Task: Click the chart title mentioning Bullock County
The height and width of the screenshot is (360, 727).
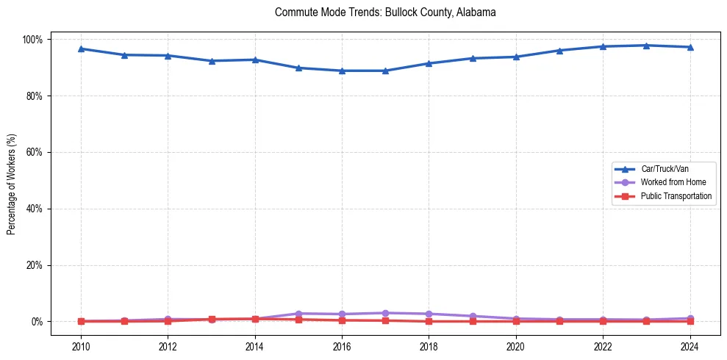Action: (385, 12)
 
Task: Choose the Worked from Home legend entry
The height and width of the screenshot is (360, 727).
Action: (670, 182)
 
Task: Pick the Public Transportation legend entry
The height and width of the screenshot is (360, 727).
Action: (676, 196)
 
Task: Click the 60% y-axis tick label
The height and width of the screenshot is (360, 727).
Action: (35, 152)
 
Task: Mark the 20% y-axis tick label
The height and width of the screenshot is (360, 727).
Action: (35, 265)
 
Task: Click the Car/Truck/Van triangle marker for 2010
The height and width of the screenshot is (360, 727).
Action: (81, 48)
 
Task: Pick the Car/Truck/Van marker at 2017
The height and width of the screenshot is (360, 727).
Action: (385, 71)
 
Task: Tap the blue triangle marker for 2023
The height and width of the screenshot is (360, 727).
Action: (646, 46)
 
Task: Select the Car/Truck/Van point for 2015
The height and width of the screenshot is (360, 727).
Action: (298, 68)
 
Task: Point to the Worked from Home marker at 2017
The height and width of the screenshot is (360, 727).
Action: (385, 313)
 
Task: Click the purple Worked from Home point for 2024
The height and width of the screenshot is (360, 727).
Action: (690, 318)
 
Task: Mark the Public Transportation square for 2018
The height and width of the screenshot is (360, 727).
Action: (429, 321)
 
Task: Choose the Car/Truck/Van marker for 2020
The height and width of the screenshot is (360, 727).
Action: (516, 57)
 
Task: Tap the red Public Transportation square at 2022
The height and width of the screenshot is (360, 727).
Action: (603, 321)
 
